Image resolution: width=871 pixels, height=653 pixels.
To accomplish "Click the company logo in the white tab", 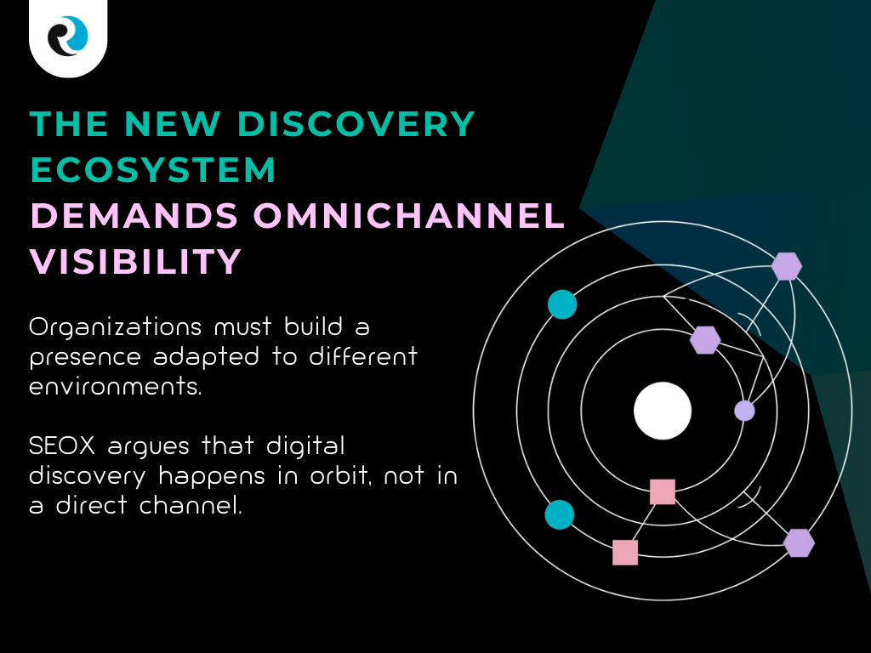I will [67, 37].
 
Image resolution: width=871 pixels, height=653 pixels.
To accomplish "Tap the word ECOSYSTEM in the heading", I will [153, 171].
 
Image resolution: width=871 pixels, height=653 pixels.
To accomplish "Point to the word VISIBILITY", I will [136, 261].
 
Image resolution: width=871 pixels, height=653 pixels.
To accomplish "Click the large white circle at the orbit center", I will [663, 411].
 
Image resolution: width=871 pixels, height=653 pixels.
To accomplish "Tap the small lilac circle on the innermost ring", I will [744, 411].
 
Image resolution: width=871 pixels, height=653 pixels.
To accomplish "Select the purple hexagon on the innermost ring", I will [705, 339].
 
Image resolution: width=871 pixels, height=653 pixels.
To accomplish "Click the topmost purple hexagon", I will [787, 266].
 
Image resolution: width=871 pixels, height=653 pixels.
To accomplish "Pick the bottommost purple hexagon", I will [799, 542].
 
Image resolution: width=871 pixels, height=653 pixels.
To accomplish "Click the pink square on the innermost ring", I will [663, 491].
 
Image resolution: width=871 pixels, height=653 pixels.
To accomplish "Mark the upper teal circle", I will [562, 304].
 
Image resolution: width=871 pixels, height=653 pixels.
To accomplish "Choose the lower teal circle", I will [560, 514].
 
